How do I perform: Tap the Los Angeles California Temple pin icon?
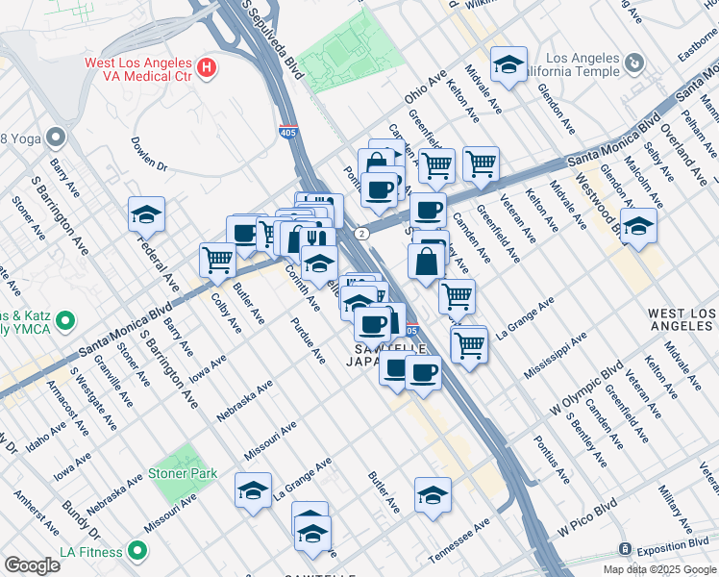(x=633, y=63)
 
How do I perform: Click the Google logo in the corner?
(x=32, y=565)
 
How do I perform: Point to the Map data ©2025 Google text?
(x=658, y=569)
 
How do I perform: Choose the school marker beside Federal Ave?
(x=146, y=215)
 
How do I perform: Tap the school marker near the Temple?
(x=508, y=64)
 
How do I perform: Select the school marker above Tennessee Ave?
(x=433, y=495)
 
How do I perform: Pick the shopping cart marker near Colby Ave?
(x=218, y=259)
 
